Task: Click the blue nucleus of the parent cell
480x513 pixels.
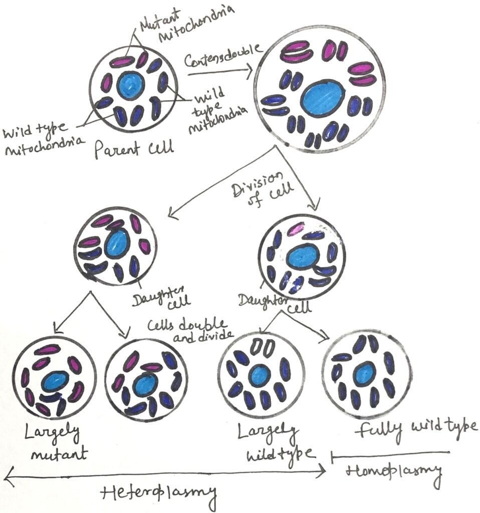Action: tap(131, 86)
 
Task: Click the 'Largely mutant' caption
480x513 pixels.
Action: tap(56, 444)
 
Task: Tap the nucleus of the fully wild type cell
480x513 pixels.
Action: tap(365, 373)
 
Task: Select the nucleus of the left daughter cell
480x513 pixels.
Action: tap(118, 242)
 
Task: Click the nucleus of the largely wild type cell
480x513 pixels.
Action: tap(260, 375)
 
